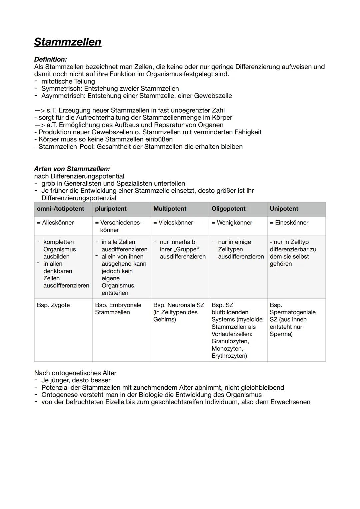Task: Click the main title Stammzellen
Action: point(68,42)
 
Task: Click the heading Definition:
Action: point(50,59)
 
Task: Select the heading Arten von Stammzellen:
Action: point(72,169)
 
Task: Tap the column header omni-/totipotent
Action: point(60,209)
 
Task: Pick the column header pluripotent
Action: point(111,209)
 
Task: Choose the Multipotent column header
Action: point(170,209)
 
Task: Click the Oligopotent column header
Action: point(228,209)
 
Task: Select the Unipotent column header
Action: point(284,209)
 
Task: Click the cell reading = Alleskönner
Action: point(55,223)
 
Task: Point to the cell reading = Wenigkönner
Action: point(232,223)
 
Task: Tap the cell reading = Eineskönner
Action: point(289,223)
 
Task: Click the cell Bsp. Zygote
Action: point(53,305)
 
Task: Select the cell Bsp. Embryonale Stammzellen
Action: point(118,309)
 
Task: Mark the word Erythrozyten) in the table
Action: point(229,356)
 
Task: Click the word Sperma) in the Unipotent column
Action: point(281,334)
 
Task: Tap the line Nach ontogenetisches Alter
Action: point(75,373)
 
